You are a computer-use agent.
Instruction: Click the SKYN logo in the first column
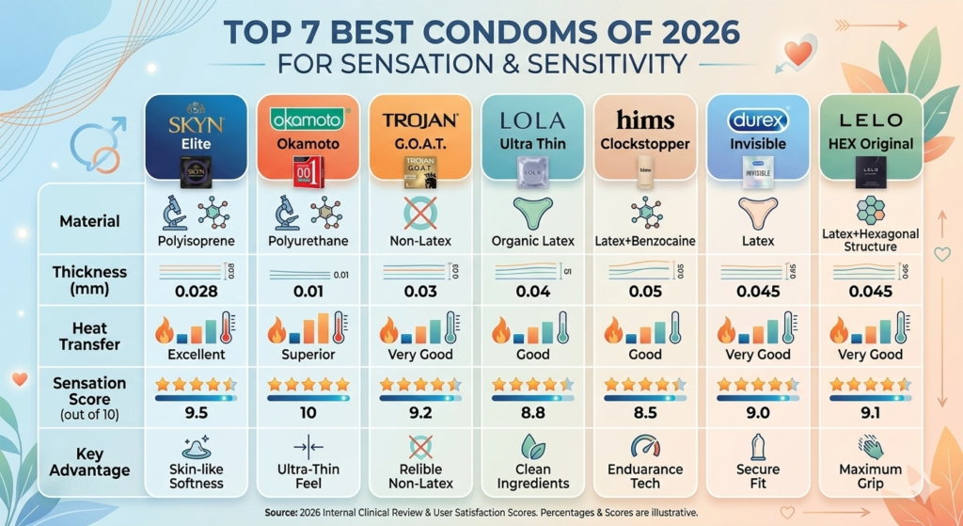point(197,124)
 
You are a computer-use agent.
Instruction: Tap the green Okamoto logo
point(307,119)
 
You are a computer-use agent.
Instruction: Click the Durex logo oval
point(757,120)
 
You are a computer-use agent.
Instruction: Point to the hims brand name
point(644,120)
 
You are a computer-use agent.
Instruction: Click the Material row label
point(89,221)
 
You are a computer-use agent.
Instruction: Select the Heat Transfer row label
point(89,336)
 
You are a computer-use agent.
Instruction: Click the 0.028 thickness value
point(197,291)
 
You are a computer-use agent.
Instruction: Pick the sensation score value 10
point(308,411)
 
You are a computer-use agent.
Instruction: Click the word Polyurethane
point(308,241)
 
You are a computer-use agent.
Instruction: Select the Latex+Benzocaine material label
point(645,241)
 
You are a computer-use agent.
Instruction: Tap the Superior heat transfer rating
point(308,355)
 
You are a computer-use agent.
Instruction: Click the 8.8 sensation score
point(532,411)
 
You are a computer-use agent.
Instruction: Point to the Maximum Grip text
point(870,476)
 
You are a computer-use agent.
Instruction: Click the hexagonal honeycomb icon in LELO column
point(870,211)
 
